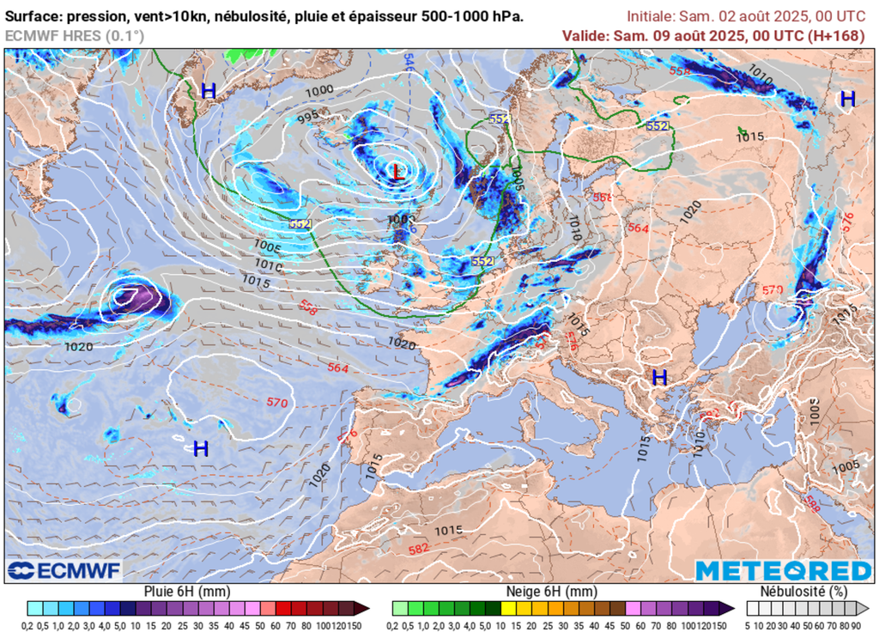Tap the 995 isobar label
(x=308, y=118)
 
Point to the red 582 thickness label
(x=419, y=548)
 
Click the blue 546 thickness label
(x=409, y=61)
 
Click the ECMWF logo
(x=64, y=570)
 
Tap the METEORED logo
(x=783, y=571)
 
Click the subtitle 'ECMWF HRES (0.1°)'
(x=75, y=35)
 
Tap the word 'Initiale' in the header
(x=650, y=16)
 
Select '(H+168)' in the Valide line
(x=839, y=35)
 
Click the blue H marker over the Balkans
(x=659, y=377)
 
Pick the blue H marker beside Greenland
(x=209, y=90)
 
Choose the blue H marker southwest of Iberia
(x=201, y=448)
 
